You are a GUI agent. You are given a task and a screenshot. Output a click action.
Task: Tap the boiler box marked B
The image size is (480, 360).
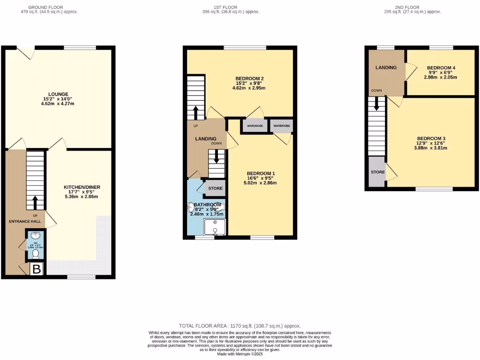[x=37, y=269]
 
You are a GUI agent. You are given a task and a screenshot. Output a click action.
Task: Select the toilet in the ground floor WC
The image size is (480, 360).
[x=35, y=254]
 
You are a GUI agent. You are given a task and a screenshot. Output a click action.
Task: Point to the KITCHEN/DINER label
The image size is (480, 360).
[x=82, y=187]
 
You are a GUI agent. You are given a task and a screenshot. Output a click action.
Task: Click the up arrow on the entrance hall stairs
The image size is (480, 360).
[x=35, y=202]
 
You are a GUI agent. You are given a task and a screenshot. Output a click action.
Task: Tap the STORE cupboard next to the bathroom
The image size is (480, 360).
[x=215, y=188]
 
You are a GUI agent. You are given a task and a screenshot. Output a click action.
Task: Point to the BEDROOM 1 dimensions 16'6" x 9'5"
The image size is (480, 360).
[x=261, y=178]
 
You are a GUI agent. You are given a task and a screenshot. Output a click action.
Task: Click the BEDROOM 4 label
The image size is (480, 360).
[x=441, y=68]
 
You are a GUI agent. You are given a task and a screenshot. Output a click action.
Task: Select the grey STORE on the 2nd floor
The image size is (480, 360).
[x=377, y=172]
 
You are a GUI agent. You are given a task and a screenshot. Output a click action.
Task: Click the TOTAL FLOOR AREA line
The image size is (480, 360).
[x=240, y=325]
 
